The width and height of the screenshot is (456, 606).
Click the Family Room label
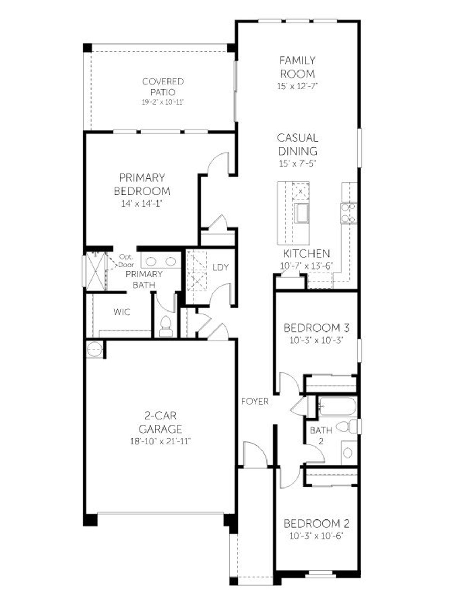pos(297,67)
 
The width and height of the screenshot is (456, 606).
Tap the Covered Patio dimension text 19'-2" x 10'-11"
pos(162,103)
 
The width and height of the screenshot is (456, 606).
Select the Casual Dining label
pos(298,144)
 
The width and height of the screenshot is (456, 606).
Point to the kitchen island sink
pos(301,214)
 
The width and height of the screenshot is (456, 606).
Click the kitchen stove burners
pos(348,213)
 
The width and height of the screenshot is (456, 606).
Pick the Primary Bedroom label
pos(142,184)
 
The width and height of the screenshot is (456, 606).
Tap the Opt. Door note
pos(126,261)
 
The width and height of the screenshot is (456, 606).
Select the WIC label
pos(122,312)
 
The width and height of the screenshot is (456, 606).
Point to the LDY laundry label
pos(220,267)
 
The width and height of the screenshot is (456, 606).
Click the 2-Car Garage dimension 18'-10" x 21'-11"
pos(160,442)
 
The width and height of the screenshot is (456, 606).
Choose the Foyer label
pos(255,402)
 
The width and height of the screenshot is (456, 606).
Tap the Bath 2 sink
pos(348,453)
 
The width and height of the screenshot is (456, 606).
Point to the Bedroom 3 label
pos(316,328)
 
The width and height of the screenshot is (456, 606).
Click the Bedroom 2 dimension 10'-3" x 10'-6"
pos(316,536)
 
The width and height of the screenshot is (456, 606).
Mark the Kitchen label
pos(306,254)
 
